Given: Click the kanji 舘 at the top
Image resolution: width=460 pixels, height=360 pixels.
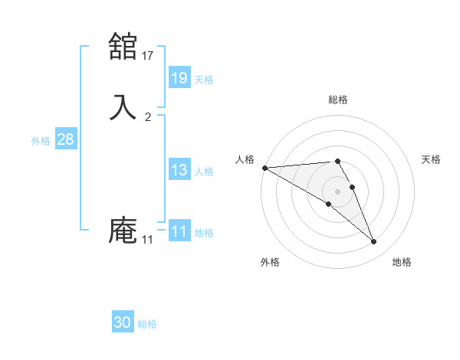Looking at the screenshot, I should pyautogui.click(x=123, y=47).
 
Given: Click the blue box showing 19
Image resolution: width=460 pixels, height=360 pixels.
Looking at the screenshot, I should pyautogui.click(x=179, y=77).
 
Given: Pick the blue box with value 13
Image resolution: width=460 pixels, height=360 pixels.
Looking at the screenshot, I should pyautogui.click(x=179, y=171).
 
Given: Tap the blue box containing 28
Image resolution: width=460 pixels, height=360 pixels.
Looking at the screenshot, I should pyautogui.click(x=65, y=139).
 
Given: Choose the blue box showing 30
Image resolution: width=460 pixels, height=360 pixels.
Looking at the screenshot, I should pyautogui.click(x=123, y=322).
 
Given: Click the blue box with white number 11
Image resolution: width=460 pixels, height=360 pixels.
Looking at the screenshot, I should pyautogui.click(x=179, y=231).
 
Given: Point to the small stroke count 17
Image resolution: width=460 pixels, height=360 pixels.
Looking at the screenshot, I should pyautogui.click(x=148, y=55).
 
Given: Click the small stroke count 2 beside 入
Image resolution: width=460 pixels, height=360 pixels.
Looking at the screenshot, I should pyautogui.click(x=148, y=116).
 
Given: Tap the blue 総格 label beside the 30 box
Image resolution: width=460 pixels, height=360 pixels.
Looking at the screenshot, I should pyautogui.click(x=147, y=324).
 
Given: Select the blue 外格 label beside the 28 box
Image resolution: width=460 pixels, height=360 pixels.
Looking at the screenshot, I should pyautogui.click(x=41, y=141).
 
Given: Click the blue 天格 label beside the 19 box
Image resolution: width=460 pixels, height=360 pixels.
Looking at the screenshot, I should pyautogui.click(x=204, y=79).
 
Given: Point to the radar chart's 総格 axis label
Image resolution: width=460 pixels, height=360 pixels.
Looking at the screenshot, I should pyautogui.click(x=338, y=100).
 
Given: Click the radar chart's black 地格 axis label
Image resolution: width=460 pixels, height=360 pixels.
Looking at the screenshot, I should pyautogui.click(x=402, y=262).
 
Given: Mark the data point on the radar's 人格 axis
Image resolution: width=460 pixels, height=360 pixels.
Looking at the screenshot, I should pyautogui.click(x=264, y=168).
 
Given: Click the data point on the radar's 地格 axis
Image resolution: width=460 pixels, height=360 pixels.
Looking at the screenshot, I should pyautogui.click(x=373, y=242).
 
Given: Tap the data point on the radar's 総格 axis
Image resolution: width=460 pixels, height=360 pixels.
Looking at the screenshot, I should pyautogui.click(x=337, y=161).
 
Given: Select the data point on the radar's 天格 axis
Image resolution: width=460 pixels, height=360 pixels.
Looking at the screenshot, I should pyautogui.click(x=352, y=187).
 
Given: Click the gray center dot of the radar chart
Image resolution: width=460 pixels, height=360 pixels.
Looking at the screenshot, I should pyautogui.click(x=337, y=191).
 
